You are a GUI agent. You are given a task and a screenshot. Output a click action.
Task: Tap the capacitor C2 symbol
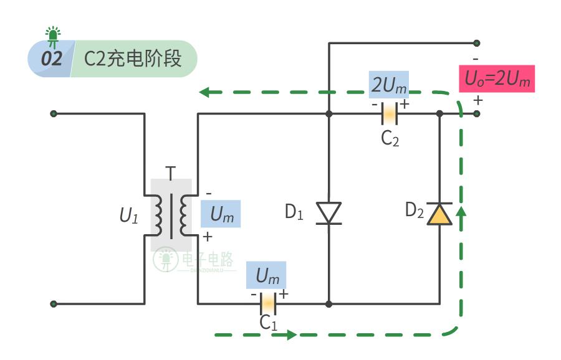[x=389, y=114]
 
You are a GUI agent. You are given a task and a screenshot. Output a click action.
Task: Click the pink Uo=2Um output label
[x=497, y=79]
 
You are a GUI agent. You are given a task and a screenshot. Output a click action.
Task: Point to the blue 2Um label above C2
[x=389, y=85]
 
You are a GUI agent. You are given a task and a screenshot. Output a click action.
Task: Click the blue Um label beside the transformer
[x=221, y=214]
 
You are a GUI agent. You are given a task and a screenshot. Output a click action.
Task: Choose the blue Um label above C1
[x=267, y=274]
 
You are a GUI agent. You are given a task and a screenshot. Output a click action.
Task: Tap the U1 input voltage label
[x=128, y=216]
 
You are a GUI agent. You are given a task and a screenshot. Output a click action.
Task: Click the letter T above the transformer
[x=170, y=173]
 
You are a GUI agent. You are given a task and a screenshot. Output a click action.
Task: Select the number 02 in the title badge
[x=52, y=59]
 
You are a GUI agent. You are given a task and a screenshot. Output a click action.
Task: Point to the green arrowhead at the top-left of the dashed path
[x=205, y=93]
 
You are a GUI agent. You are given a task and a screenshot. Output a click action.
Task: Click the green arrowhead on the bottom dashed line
[x=291, y=335]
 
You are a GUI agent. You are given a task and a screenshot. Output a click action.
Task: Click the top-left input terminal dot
[x=54, y=114]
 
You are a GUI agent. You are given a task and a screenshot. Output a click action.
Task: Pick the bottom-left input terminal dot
[x=54, y=304]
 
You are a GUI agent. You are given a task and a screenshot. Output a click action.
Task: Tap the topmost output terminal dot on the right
[x=477, y=43]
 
